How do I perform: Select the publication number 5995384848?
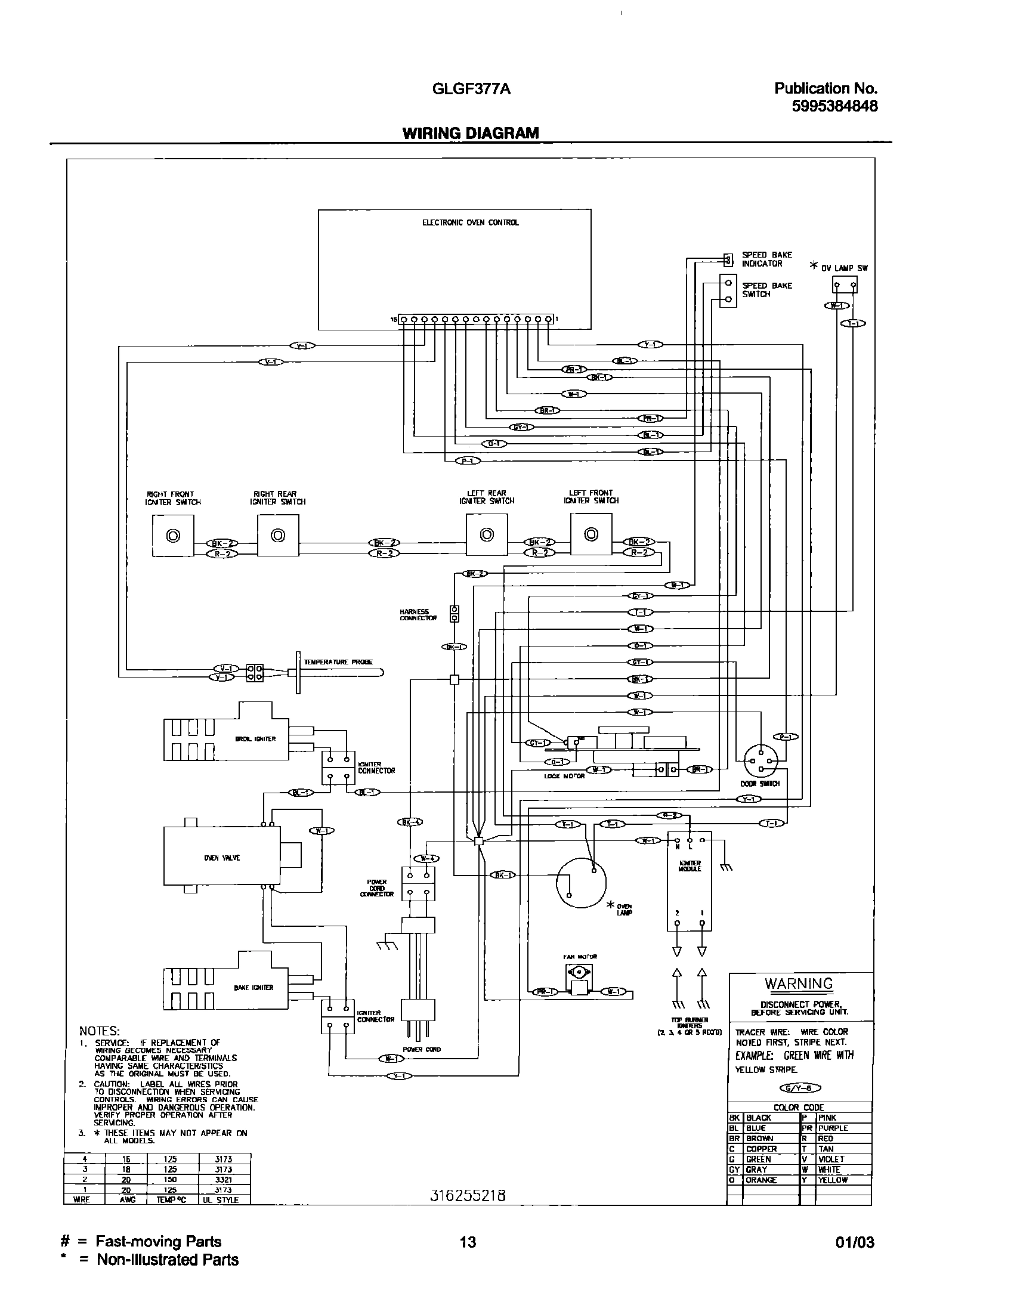coord(834,106)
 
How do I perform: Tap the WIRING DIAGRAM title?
coord(471,133)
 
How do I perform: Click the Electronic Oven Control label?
coord(471,222)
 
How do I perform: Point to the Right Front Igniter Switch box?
coord(173,536)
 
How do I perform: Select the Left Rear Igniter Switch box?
coord(487,535)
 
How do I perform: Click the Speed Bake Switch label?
coord(766,290)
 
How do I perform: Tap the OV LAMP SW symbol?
coord(845,285)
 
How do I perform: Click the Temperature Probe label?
coord(338,662)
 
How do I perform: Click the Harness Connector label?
coord(415,615)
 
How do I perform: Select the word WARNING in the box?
coord(799,983)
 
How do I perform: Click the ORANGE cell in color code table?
coord(762,1180)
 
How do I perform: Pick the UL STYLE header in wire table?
coord(224,1199)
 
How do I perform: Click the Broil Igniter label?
coord(256,739)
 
